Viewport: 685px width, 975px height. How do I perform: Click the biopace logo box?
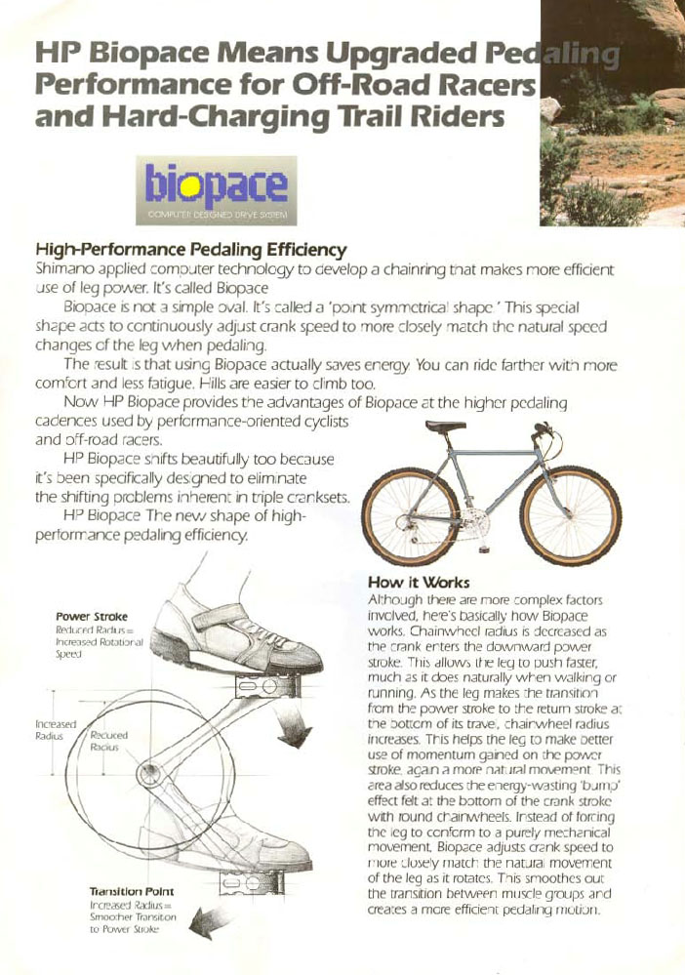click(x=217, y=189)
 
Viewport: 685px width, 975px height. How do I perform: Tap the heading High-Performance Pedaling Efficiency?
click(x=191, y=249)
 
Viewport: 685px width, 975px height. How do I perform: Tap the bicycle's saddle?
click(x=446, y=427)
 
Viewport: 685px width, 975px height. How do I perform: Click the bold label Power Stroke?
click(x=92, y=617)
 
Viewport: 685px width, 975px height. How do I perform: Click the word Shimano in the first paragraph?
click(x=65, y=266)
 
